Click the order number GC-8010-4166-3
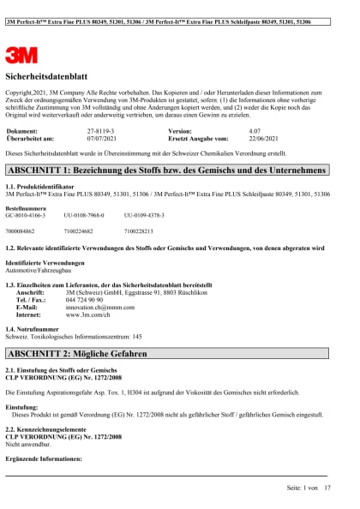(31, 215)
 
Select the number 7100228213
(141, 231)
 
